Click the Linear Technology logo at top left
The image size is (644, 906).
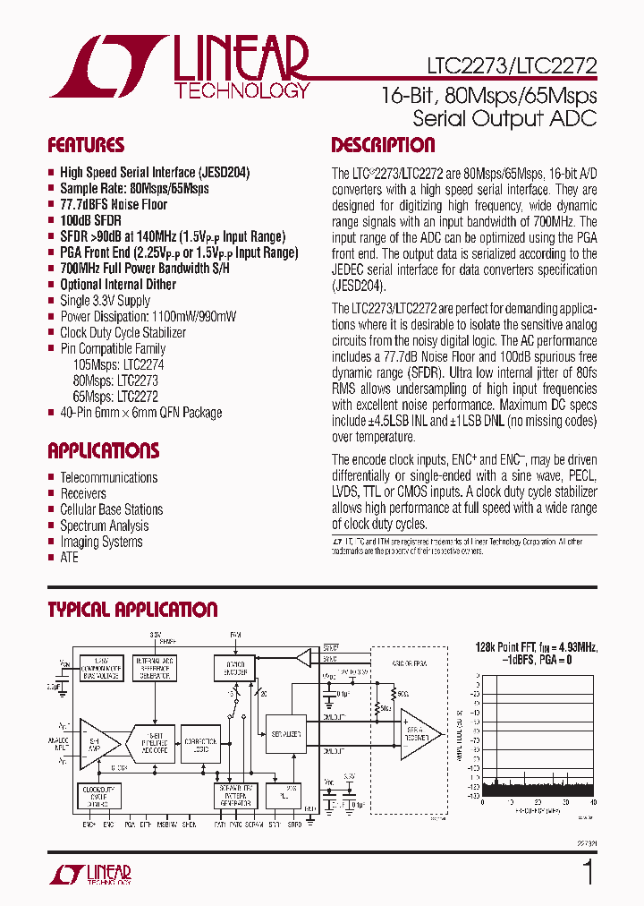click(179, 67)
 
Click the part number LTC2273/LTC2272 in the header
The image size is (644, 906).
click(505, 65)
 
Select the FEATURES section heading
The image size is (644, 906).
click(86, 145)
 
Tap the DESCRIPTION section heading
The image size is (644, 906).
click(383, 145)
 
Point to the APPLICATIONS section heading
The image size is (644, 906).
click(103, 450)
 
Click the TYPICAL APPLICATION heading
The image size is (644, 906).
click(132, 610)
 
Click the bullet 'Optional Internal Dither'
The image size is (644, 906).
click(118, 285)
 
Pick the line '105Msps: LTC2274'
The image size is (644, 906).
click(118, 364)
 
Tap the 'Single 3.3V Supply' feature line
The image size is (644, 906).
click(105, 301)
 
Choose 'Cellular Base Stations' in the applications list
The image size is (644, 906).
click(111, 509)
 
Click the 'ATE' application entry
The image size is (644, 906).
click(69, 558)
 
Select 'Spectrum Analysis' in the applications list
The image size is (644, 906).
click(104, 526)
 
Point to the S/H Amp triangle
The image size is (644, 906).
click(99, 742)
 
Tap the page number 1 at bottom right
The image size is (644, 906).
click(588, 872)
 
